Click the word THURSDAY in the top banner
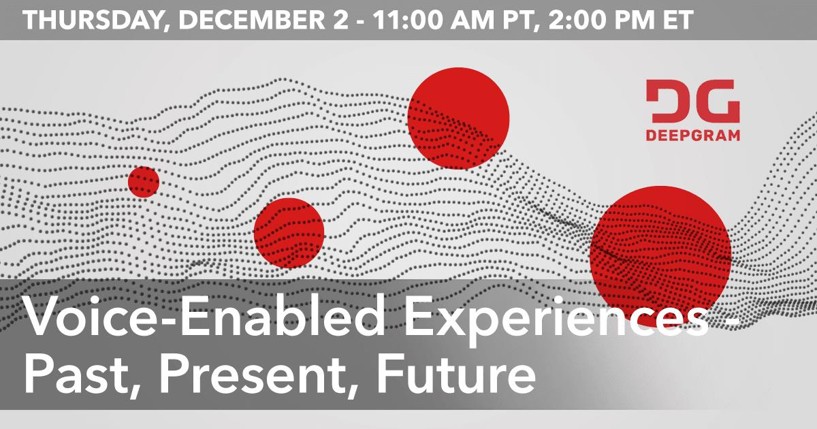pyautogui.click(x=93, y=20)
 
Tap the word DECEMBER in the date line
pyautogui.click(x=252, y=20)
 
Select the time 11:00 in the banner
pyautogui.click(x=407, y=20)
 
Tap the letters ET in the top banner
pyautogui.click(x=677, y=20)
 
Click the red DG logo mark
pyautogui.click(x=692, y=101)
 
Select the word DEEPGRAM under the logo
pyautogui.click(x=692, y=135)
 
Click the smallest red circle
pyautogui.click(x=144, y=182)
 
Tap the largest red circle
pyautogui.click(x=660, y=256)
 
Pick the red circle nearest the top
pyautogui.click(x=458, y=118)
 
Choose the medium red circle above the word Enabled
pyautogui.click(x=289, y=233)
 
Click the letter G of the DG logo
pyautogui.click(x=717, y=101)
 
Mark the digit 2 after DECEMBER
pyautogui.click(x=341, y=20)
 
